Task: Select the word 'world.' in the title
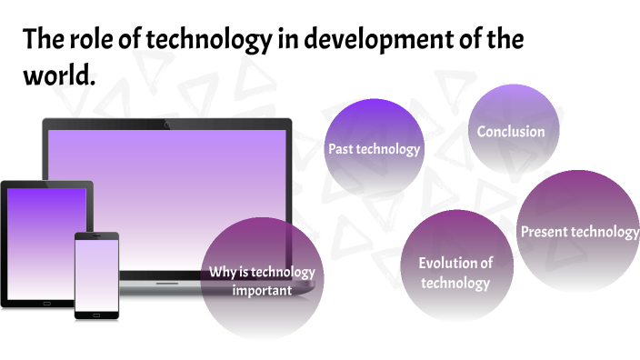(x=59, y=76)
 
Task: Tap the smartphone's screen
(x=96, y=273)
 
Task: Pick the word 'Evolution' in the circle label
(x=447, y=263)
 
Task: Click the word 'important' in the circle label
(x=262, y=291)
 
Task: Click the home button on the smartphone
(x=96, y=314)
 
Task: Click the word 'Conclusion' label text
(x=511, y=132)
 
